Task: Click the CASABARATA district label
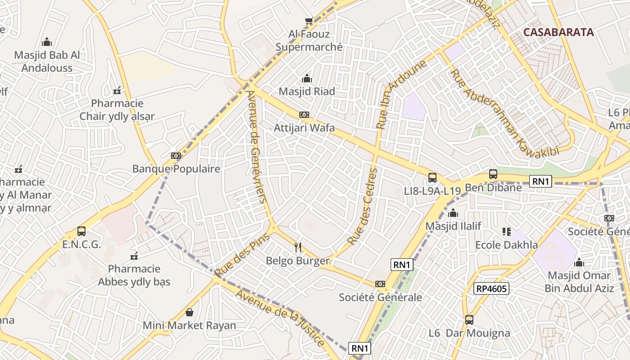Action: (x=558, y=32)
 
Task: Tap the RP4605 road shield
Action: (x=491, y=288)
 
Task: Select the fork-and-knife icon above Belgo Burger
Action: (x=297, y=247)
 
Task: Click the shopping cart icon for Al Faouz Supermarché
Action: (x=309, y=21)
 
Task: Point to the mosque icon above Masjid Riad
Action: (x=307, y=78)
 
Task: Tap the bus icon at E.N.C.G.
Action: (x=81, y=231)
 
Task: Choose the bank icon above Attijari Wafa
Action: (x=304, y=115)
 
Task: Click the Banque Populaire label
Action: (x=176, y=169)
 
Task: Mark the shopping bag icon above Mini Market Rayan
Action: (x=189, y=312)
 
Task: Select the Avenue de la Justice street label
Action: (x=280, y=318)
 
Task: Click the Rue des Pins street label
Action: (x=242, y=255)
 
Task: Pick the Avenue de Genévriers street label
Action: (x=257, y=147)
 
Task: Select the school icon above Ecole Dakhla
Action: (x=507, y=232)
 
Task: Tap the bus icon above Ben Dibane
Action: (x=493, y=174)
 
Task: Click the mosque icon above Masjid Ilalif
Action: (x=453, y=213)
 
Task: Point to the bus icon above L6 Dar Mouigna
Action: (x=469, y=320)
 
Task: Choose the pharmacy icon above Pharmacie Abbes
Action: (x=134, y=256)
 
